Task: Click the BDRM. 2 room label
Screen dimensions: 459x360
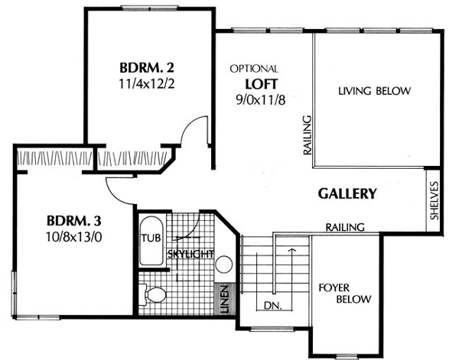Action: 147,68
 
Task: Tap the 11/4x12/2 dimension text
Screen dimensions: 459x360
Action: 147,84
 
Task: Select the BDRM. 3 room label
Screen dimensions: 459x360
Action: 73,221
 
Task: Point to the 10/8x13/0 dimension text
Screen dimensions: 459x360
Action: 73,237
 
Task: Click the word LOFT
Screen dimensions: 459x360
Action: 261,84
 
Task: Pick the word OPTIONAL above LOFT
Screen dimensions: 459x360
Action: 254,69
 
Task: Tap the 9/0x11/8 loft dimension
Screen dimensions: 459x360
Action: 261,100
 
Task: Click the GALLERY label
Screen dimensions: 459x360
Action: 347,193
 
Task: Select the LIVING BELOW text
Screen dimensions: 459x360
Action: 374,91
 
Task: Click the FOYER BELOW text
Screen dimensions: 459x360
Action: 345,294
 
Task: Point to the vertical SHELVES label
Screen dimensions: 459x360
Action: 435,200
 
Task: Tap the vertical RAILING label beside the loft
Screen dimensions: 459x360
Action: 307,135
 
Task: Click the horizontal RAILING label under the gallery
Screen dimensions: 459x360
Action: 345,227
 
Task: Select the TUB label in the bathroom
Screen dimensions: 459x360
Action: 151,238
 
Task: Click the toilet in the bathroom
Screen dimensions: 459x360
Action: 152,294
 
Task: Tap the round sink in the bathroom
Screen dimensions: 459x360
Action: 224,264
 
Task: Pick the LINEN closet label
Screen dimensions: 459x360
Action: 225,299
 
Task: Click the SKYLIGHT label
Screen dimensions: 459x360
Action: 190,254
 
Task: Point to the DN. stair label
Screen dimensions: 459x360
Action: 273,306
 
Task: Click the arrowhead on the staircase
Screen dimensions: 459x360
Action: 292,250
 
